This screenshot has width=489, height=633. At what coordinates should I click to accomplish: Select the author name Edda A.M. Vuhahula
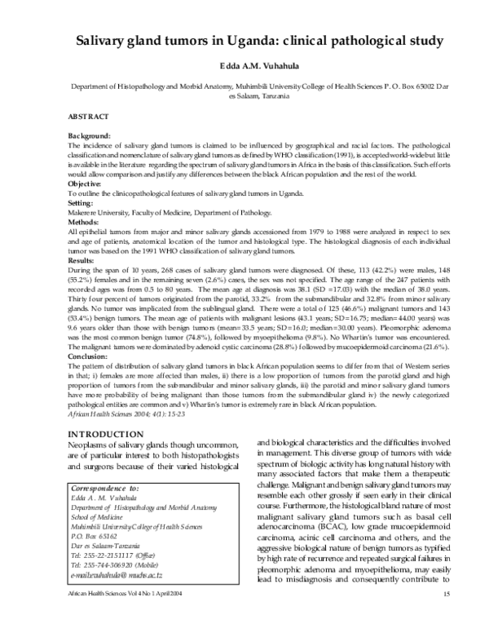point(244,66)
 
